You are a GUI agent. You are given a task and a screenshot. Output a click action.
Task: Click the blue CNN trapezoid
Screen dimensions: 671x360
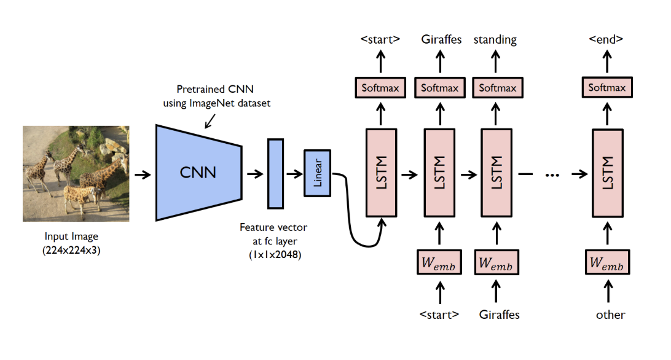coord(198,173)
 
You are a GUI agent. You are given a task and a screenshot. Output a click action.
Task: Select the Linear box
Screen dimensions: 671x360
coord(317,173)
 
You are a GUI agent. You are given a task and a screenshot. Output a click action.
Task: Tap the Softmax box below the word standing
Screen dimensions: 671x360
coord(498,88)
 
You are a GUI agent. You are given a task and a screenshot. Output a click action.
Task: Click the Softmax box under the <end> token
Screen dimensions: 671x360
coord(607,87)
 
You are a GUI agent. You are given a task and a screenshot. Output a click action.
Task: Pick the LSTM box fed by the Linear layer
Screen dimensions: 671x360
coord(382,173)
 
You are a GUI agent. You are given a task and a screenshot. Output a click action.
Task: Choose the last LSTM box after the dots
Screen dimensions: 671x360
coord(607,173)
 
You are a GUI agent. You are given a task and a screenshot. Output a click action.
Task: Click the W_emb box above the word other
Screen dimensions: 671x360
coord(607,262)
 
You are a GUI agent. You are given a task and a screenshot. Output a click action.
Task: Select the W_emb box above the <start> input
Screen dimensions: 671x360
coord(439,262)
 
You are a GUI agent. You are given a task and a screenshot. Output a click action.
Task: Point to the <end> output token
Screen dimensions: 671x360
coord(606,39)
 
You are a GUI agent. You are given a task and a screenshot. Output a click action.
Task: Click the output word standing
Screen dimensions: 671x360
coord(495,40)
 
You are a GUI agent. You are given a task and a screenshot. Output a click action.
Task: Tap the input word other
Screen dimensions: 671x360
coord(610,315)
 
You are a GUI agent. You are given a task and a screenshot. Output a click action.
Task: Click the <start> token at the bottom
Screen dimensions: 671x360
coord(439,315)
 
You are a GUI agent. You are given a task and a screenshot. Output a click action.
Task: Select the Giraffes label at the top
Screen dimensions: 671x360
coord(441,39)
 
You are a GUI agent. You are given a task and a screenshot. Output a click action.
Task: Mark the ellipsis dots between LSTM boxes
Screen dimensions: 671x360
coord(552,174)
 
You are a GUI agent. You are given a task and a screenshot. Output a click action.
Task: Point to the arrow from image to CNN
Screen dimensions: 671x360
coord(143,174)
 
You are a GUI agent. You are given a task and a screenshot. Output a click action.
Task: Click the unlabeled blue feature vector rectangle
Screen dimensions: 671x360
coord(275,173)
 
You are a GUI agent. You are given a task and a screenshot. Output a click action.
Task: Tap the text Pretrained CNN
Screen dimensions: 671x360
coord(215,89)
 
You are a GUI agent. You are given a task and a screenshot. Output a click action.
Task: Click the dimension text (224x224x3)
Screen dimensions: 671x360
coord(71,251)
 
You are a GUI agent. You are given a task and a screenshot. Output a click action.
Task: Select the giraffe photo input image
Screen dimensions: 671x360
coord(76,173)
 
